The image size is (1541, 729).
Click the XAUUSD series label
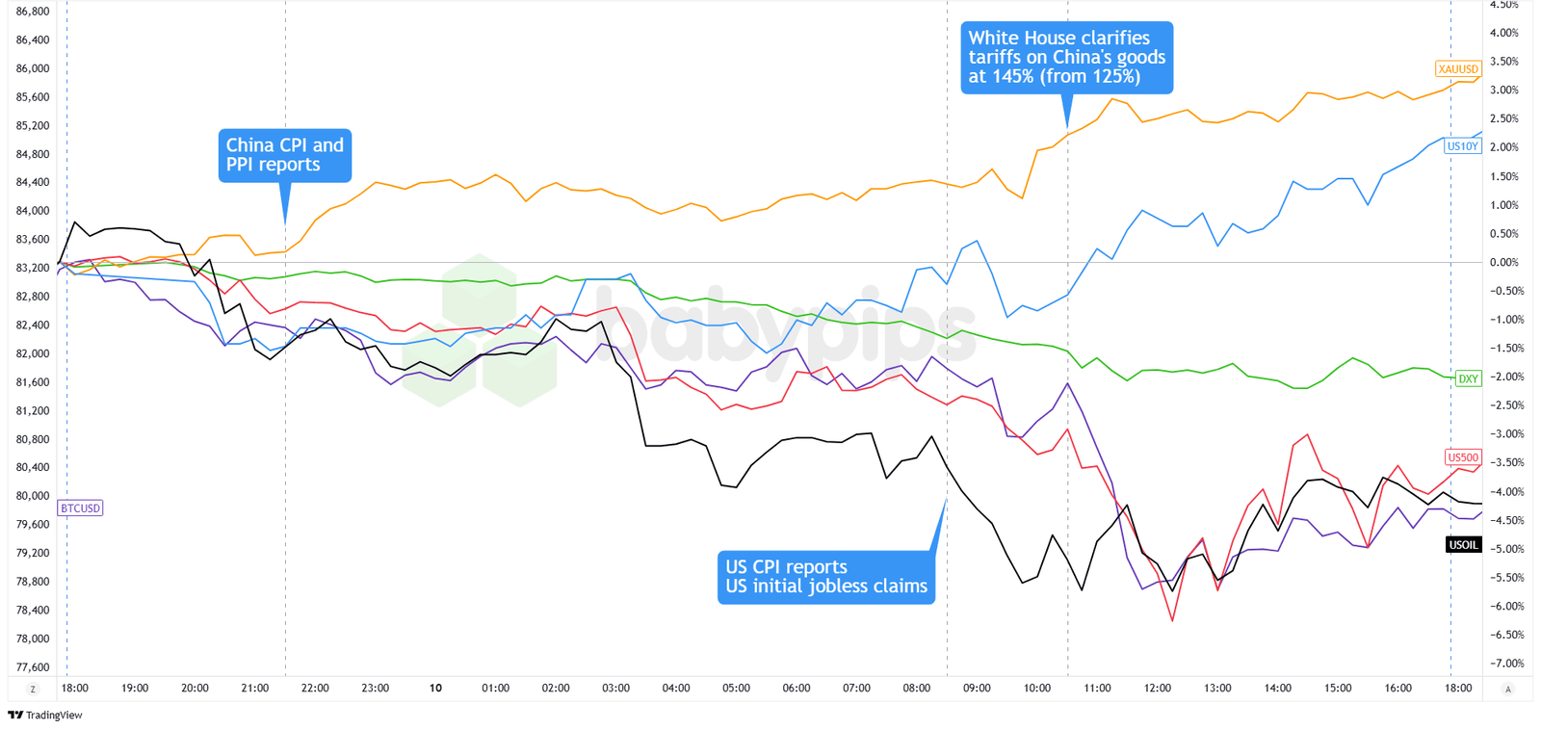[1457, 69]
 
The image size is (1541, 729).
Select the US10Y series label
[1462, 146]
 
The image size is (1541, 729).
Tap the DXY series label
[1468, 378]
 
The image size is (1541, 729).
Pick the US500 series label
[1462, 457]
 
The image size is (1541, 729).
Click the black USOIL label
[1463, 545]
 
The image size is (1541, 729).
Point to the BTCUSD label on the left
[80, 508]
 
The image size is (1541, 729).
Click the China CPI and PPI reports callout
[284, 155]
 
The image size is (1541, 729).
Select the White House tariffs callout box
[1066, 58]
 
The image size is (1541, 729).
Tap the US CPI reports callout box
[825, 577]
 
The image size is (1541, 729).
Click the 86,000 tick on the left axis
[33, 68]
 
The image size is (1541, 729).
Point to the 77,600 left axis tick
[33, 666]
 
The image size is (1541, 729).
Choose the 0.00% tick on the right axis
[1503, 262]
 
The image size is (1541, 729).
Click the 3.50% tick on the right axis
[1503, 62]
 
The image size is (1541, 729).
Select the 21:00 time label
[255, 688]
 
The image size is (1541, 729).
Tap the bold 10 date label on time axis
[435, 688]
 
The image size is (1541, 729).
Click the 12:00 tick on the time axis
[1157, 688]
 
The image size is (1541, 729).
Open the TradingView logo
[45, 715]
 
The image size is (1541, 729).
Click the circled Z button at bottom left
[33, 689]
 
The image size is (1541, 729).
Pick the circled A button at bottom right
[1507, 689]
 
